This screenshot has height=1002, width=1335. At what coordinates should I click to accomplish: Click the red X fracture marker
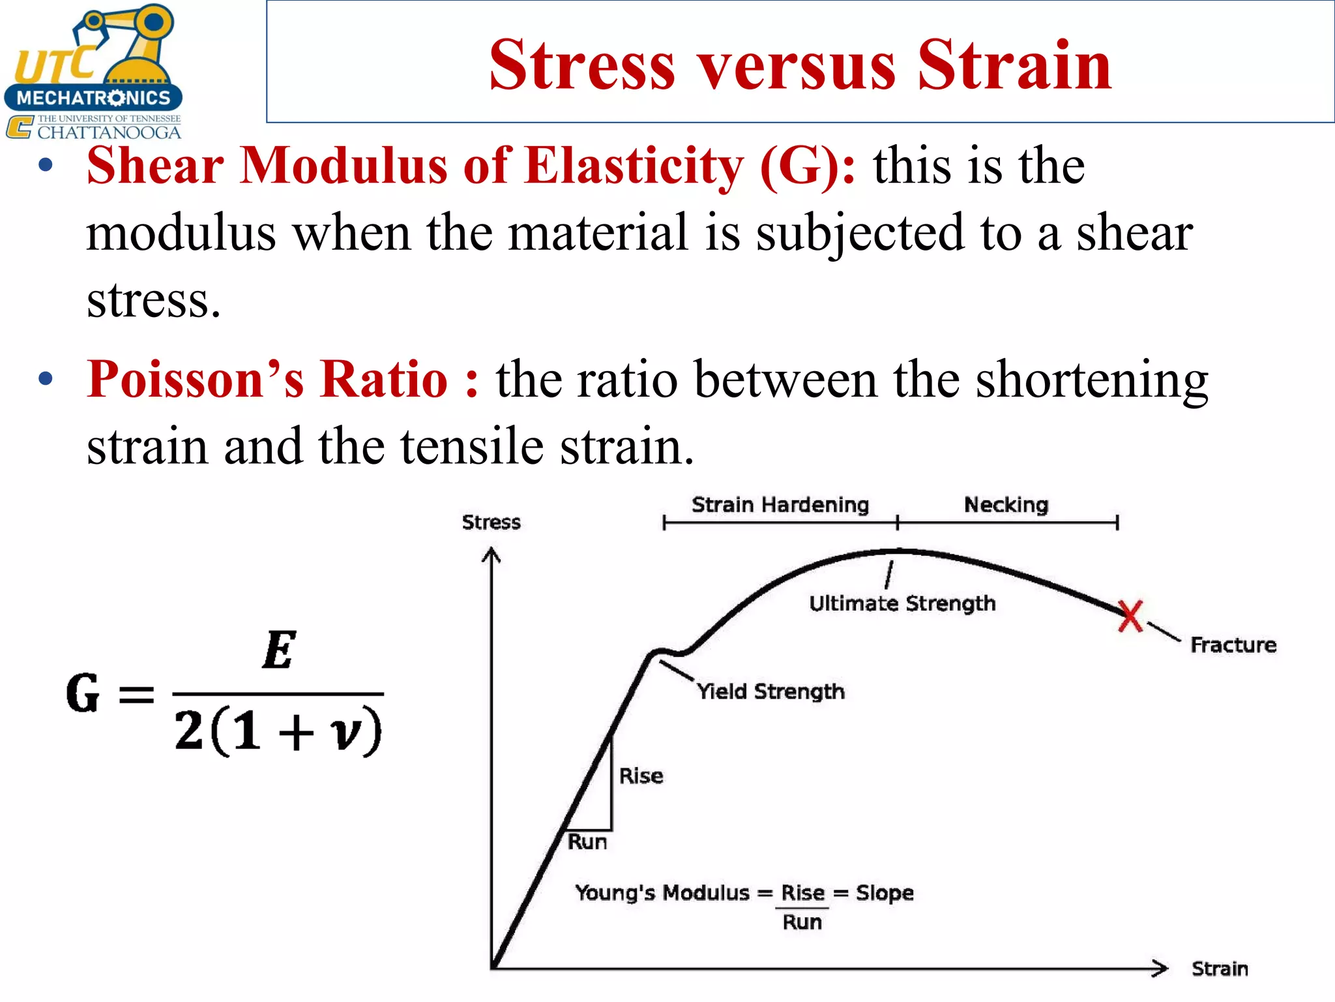coord(1130,616)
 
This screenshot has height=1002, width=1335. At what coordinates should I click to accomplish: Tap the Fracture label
coord(1233,645)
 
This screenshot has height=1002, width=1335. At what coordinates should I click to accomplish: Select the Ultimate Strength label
coord(902,603)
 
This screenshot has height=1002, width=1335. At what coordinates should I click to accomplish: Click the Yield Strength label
coord(770,691)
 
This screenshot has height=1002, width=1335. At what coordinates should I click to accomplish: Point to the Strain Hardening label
coord(780,505)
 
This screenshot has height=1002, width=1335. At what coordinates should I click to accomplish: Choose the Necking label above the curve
coord(1006,505)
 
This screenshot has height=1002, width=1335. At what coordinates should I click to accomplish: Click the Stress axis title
coord(491,523)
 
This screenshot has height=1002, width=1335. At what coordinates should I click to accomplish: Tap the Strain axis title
coord(1219,969)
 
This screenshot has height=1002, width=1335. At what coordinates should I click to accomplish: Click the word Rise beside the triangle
coord(641,776)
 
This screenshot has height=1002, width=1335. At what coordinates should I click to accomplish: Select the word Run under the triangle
coord(587,842)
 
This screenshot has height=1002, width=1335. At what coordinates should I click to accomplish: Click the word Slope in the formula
coord(885,892)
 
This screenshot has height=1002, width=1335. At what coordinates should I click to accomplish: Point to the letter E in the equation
coord(280,650)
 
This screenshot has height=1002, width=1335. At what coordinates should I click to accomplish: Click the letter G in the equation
coord(83,693)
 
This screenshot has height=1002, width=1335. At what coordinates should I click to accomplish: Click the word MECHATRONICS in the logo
coord(93,98)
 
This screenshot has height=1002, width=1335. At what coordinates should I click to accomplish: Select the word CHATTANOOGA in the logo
coord(109,132)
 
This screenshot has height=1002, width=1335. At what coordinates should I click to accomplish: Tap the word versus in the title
coord(797,65)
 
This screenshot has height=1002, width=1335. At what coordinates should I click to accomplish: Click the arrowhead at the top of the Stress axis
coord(491,554)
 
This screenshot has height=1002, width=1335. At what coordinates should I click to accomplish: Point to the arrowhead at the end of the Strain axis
coord(1161,968)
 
